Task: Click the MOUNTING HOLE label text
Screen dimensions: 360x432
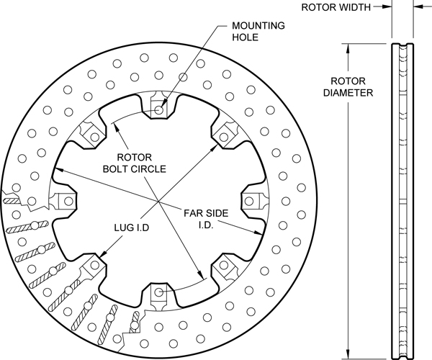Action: click(x=257, y=33)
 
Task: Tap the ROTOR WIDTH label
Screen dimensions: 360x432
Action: click(x=336, y=8)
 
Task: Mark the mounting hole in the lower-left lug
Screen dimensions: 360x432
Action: click(x=93, y=266)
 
